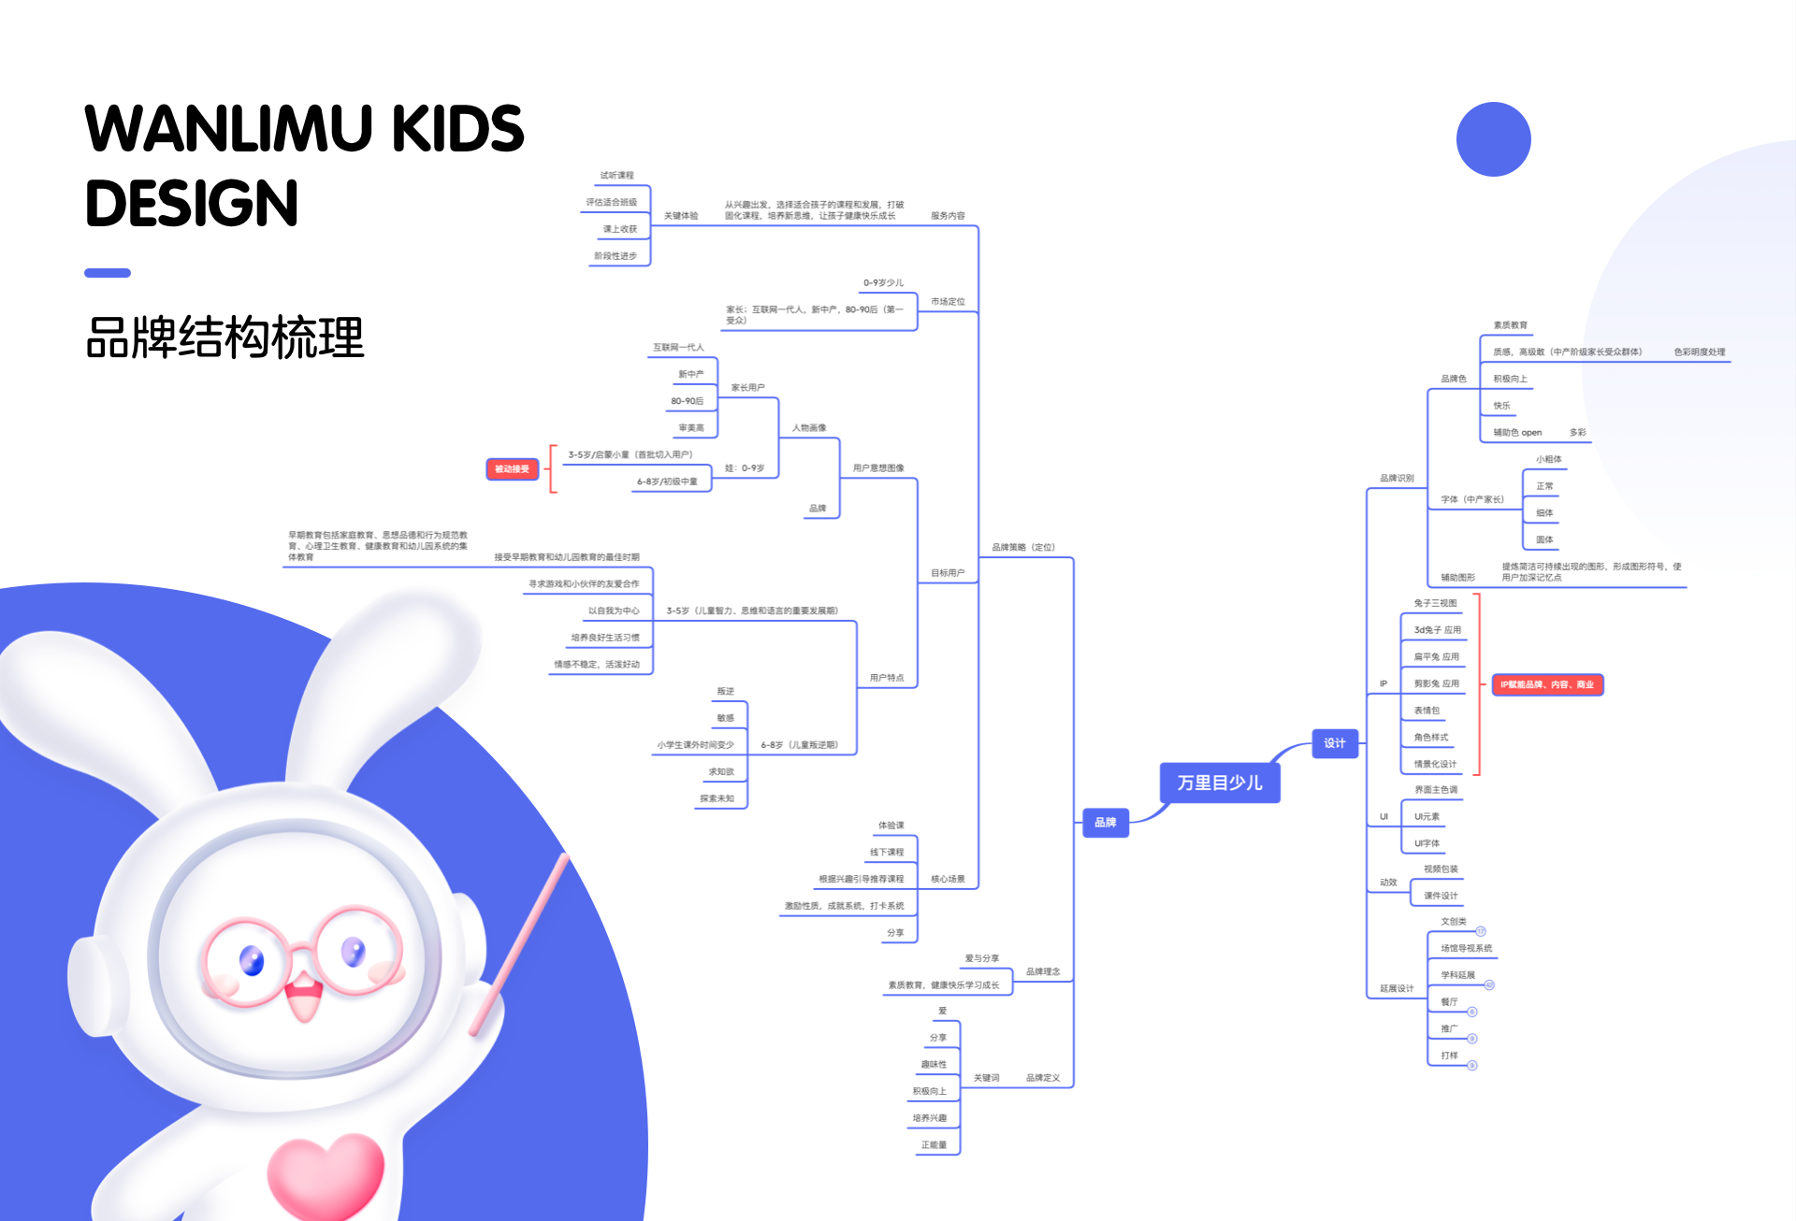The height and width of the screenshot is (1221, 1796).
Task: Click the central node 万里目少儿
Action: click(x=1220, y=783)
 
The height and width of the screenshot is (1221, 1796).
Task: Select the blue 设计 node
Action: click(x=1334, y=743)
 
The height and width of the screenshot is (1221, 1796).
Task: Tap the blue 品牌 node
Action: click(x=1106, y=823)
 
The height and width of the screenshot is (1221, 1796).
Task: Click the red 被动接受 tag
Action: click(x=512, y=469)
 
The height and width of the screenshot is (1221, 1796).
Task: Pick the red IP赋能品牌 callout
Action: click(x=1547, y=685)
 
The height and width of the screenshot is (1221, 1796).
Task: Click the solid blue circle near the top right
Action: click(x=1493, y=139)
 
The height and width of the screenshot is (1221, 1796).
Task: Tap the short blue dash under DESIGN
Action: click(x=108, y=273)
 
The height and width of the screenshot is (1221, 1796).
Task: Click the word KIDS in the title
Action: click(x=457, y=129)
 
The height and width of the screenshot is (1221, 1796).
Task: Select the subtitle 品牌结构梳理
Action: click(x=224, y=338)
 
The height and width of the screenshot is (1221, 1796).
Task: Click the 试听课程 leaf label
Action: click(x=616, y=176)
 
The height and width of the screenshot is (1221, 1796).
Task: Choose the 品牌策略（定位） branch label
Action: click(x=1023, y=548)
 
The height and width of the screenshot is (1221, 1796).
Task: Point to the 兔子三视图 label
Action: click(x=1435, y=604)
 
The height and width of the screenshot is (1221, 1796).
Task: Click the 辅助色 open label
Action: click(x=1517, y=433)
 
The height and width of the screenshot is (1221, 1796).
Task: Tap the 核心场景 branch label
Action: click(x=948, y=880)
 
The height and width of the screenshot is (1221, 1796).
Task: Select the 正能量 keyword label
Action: click(x=934, y=1145)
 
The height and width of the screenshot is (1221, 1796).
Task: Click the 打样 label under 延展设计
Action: click(x=1449, y=1056)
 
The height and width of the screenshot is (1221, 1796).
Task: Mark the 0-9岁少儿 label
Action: click(x=883, y=283)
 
